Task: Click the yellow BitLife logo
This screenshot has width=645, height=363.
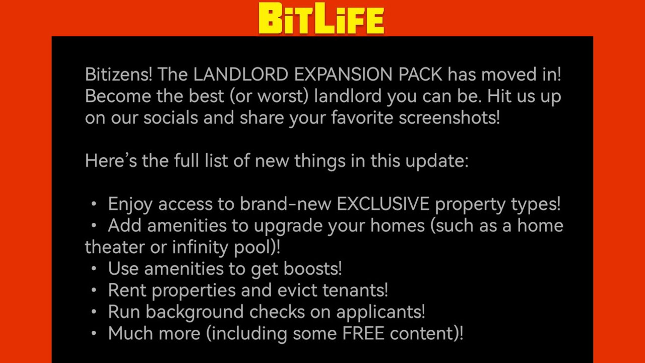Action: pyautogui.click(x=321, y=19)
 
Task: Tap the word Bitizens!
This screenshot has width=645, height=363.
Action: pyautogui.click(x=118, y=75)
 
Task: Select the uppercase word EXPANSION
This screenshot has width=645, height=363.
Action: pyautogui.click(x=343, y=75)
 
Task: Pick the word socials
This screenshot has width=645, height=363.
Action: pyautogui.click(x=171, y=118)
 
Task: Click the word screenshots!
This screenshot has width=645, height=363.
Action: pyautogui.click(x=449, y=118)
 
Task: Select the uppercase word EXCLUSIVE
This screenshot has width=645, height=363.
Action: pyautogui.click(x=383, y=204)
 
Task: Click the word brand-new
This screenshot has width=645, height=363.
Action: pyautogui.click(x=285, y=204)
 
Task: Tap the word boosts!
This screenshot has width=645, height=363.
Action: pyautogui.click(x=313, y=269)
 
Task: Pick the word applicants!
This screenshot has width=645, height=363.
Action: pyautogui.click(x=380, y=312)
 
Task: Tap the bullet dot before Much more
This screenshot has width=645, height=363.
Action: pyautogui.click(x=94, y=333)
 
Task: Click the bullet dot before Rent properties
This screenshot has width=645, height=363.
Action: pyautogui.click(x=94, y=290)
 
